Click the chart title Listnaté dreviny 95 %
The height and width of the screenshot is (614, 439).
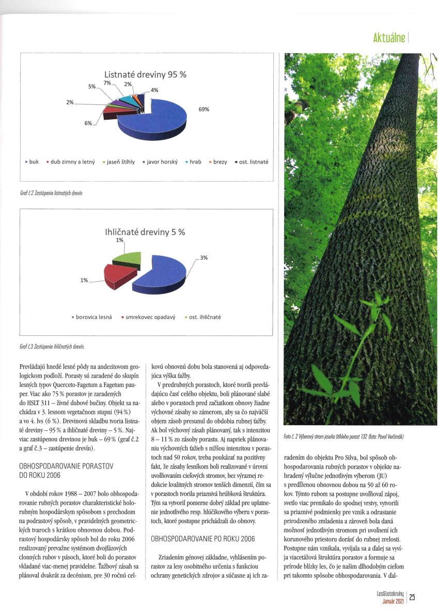145,75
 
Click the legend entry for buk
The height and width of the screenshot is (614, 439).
32,161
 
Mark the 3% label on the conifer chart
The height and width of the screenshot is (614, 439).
204,257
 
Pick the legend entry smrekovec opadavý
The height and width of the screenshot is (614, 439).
150,317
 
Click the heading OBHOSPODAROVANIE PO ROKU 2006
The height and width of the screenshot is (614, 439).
202,539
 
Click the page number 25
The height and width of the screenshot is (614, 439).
412,597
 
